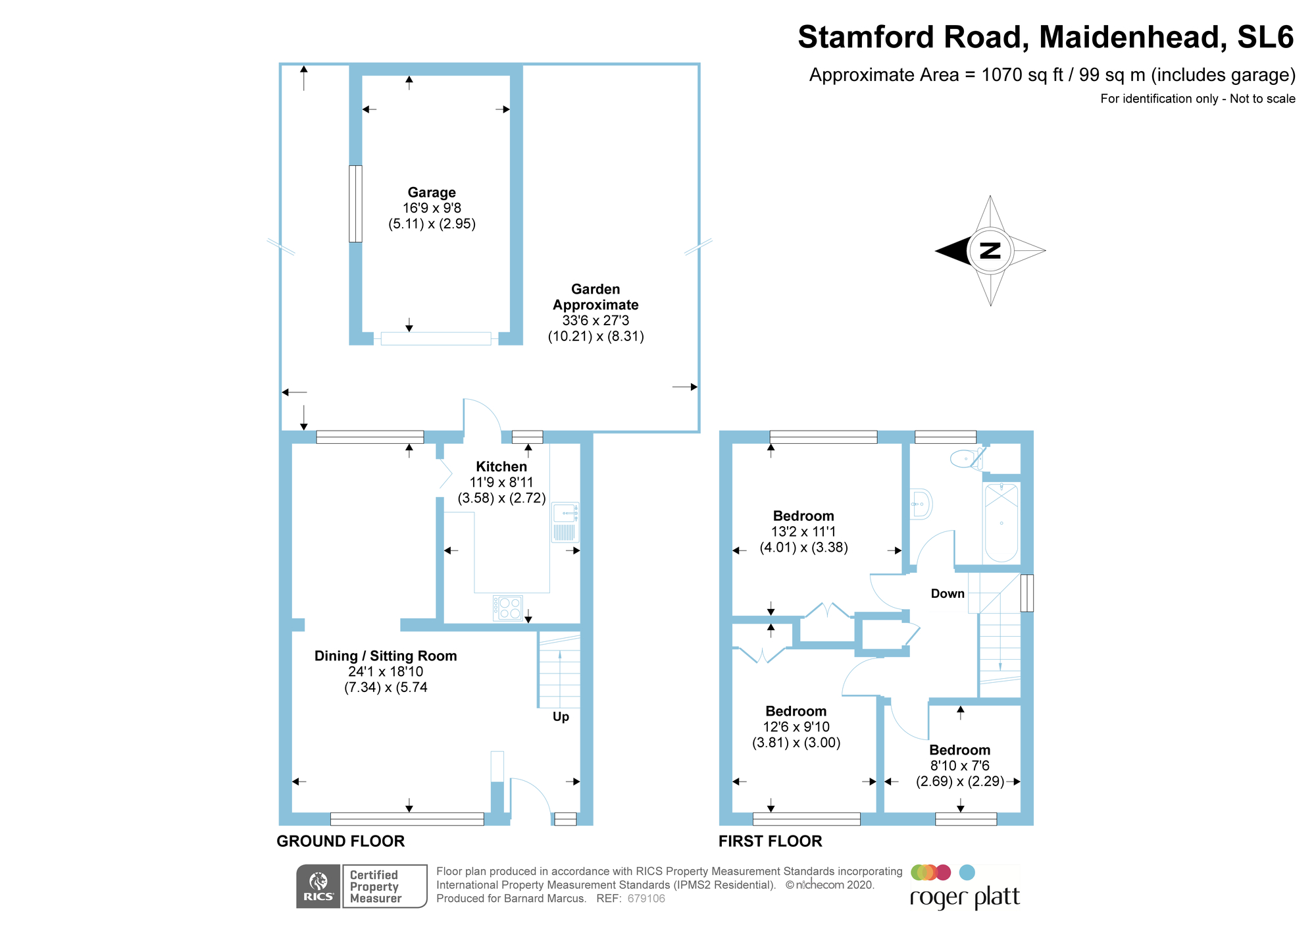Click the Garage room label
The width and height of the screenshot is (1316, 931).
click(x=432, y=192)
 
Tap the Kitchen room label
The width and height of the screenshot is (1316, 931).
click(x=501, y=466)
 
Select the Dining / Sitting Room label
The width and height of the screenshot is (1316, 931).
click(x=386, y=656)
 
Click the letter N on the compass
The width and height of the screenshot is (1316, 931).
click(x=990, y=250)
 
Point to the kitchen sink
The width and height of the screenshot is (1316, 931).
click(x=565, y=522)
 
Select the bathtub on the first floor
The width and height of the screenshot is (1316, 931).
click(x=1001, y=522)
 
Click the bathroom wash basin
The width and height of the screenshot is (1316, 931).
click(x=921, y=504)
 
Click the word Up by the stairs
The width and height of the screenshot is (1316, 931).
click(x=561, y=716)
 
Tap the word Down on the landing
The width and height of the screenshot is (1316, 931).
click(x=948, y=593)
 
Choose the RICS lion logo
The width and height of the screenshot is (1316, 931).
click(x=318, y=886)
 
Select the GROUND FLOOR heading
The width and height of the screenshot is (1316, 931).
click(x=340, y=841)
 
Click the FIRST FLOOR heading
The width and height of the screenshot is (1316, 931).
click(x=770, y=841)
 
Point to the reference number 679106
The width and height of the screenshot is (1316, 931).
click(x=646, y=899)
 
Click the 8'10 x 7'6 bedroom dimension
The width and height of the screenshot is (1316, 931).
click(x=959, y=766)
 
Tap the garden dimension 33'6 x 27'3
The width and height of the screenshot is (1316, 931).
click(x=595, y=321)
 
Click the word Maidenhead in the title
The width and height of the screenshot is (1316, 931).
click(x=1133, y=37)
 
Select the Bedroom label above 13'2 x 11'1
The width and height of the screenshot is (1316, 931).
click(x=803, y=516)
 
